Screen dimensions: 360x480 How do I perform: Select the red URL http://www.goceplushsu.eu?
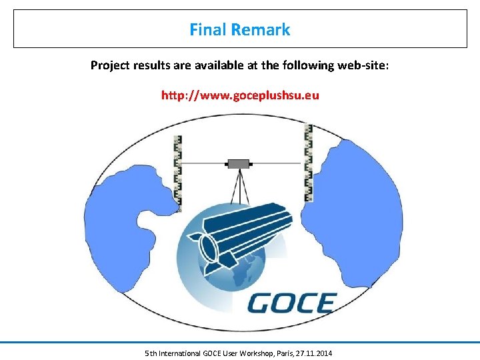(240, 95)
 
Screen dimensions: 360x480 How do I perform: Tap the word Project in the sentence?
(110, 65)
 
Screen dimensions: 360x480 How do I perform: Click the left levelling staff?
(178, 170)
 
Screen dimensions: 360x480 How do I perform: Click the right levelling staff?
(308, 163)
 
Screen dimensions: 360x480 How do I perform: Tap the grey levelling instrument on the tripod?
(238, 163)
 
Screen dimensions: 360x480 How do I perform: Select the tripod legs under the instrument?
(239, 187)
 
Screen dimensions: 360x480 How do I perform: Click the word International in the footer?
(180, 353)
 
